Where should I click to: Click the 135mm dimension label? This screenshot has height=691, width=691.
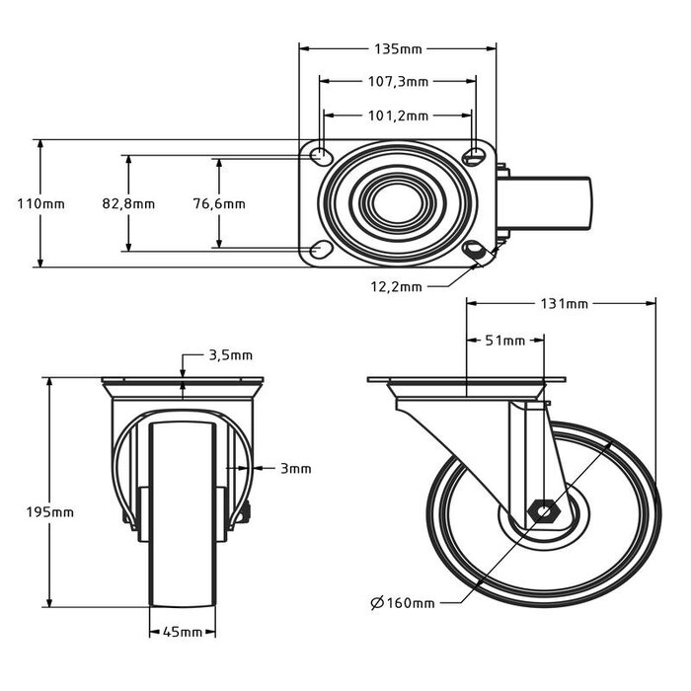tap(398, 47)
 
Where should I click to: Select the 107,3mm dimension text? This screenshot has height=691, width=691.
tap(398, 82)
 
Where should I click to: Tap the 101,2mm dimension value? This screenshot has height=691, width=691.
tap(398, 115)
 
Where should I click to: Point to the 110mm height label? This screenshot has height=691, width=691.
tap(40, 203)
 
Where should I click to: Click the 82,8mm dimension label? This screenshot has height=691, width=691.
tap(128, 204)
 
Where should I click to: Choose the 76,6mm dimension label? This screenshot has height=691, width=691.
tap(219, 204)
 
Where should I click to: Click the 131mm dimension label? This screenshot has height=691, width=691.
tap(564, 304)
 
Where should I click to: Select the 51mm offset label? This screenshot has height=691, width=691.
tap(505, 341)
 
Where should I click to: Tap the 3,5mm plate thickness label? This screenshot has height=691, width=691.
tap(230, 354)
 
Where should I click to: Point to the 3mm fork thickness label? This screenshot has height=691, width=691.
tap(293, 468)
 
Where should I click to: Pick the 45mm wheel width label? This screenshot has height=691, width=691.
tap(183, 632)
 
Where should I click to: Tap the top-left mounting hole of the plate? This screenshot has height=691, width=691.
tap(321, 156)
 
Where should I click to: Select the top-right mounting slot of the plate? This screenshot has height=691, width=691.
tap(477, 156)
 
